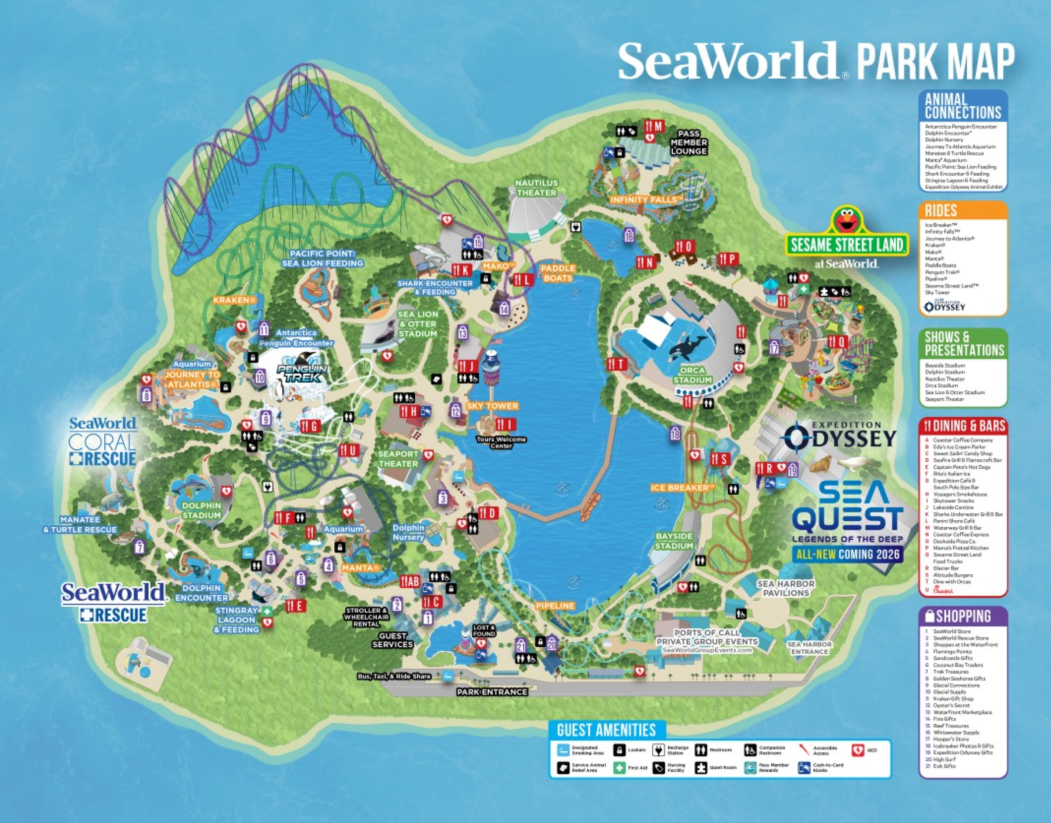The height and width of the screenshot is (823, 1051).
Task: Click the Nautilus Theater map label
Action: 536,188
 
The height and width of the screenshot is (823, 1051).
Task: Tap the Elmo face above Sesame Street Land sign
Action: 847,220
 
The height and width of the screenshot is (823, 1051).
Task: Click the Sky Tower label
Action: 492,406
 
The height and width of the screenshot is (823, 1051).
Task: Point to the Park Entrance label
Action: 492,692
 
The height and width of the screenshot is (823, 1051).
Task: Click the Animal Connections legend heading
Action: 963,107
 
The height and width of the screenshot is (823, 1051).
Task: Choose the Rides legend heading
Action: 941,211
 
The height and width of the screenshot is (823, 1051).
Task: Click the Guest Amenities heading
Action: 606,730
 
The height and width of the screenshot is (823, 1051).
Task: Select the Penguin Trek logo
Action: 302,370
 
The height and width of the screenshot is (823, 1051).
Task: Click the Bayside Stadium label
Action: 674,541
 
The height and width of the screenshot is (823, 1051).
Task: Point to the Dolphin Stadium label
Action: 202,510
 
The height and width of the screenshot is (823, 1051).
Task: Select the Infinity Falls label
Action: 646,199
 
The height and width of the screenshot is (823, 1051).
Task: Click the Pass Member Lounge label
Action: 689,142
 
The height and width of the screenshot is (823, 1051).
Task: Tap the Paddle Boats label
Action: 558,273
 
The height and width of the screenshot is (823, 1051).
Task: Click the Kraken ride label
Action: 233,300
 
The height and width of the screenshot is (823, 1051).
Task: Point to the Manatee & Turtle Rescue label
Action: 80,525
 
